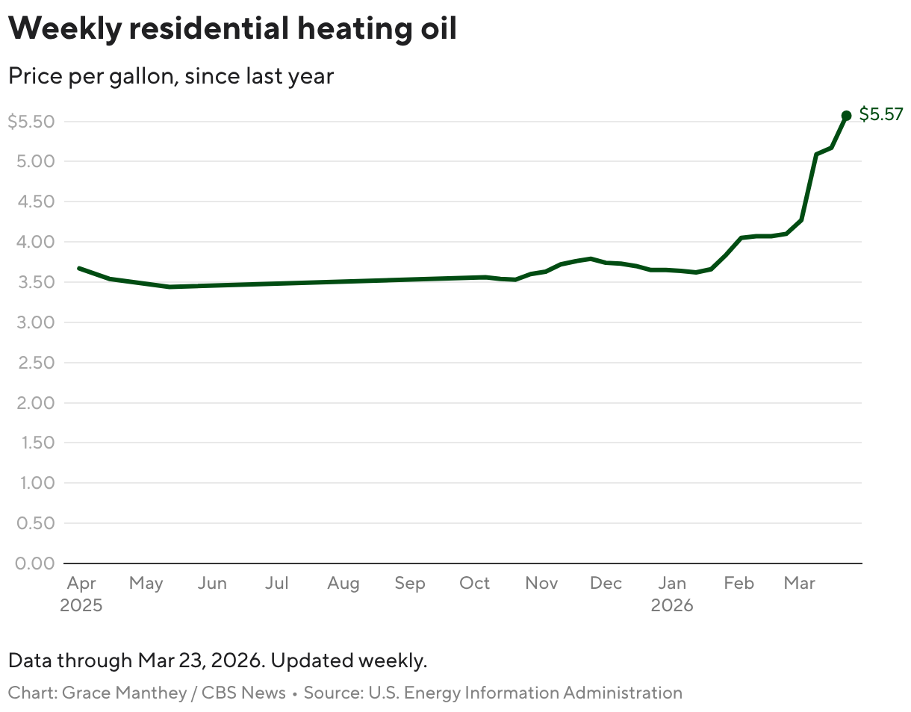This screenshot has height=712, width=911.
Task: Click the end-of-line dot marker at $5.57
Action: coord(846,116)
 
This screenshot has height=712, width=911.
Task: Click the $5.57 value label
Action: coord(881,114)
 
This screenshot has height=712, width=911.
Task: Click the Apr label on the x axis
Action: coord(81,583)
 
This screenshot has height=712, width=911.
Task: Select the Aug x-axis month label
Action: coord(343,583)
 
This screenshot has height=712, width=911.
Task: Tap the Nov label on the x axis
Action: coord(541,583)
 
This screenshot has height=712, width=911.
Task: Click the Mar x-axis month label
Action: coord(799,583)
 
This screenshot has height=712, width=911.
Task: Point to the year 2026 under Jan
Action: coord(672,605)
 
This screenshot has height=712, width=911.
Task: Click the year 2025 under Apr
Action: coord(81,605)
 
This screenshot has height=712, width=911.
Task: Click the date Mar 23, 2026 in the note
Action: coord(200,661)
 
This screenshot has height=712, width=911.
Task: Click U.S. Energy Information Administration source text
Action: coord(524,693)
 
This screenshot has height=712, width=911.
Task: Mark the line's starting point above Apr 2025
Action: coord(79,268)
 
